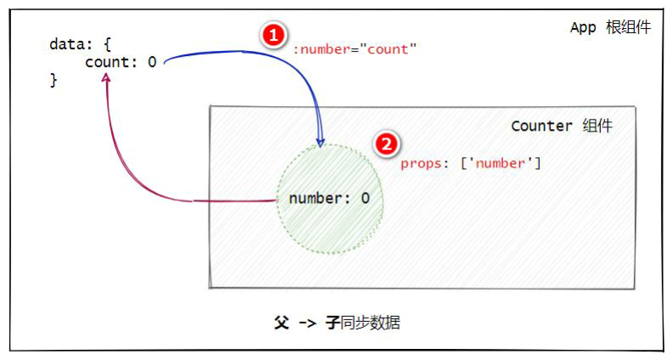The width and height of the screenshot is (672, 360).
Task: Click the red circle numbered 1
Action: tap(273, 35)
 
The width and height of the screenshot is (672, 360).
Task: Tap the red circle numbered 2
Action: tap(387, 144)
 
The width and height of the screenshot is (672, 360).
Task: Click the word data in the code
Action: tap(67, 44)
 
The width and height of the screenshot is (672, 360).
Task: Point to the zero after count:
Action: tap(152, 62)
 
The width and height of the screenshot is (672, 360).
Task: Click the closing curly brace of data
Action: tap(53, 81)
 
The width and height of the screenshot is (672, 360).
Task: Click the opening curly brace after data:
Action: tap(107, 45)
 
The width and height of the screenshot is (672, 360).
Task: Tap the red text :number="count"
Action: tap(355, 49)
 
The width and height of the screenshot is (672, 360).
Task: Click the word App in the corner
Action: tap(583, 28)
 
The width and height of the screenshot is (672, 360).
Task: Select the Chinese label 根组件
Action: tap(628, 27)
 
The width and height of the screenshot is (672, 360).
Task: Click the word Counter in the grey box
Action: tap(541, 127)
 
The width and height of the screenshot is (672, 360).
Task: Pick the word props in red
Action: tap(421, 164)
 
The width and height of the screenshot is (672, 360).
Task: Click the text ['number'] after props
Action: tap(501, 164)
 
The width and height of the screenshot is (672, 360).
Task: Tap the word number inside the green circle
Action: tap(316, 198)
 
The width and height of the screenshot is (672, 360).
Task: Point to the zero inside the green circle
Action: tap(365, 198)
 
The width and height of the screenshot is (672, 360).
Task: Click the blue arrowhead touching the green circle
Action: tap(320, 142)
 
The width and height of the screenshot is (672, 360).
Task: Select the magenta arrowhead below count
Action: tap(106, 77)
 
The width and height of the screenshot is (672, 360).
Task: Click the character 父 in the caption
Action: tap(282, 323)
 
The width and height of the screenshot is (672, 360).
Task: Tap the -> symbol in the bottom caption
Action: tap(307, 323)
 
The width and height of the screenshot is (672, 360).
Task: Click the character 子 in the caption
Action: tap(333, 323)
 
